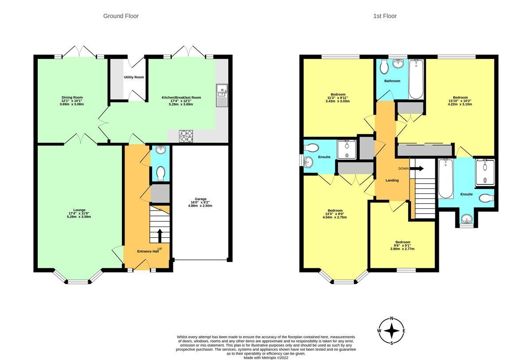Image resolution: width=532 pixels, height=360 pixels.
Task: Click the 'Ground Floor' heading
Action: [x=121, y=16]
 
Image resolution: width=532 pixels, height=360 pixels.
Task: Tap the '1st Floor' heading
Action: [x=385, y=16]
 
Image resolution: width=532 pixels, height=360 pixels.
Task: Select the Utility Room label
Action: [x=134, y=77]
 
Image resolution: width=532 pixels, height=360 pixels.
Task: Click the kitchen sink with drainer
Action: [x=222, y=95]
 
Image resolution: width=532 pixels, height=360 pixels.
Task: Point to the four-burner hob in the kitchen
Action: [x=186, y=136]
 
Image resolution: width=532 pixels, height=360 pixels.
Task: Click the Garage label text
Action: [x=200, y=199]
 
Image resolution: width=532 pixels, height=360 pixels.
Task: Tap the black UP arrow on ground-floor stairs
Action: [x=160, y=235]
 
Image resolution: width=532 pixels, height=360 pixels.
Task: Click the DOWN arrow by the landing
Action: [x=417, y=168]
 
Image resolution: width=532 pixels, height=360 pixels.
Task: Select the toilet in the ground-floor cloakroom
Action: [x=161, y=173]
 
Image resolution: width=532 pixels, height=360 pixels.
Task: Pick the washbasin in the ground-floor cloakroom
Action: [x=161, y=149]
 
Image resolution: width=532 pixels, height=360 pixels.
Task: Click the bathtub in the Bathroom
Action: [x=416, y=79]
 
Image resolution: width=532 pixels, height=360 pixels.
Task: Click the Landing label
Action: [x=392, y=180]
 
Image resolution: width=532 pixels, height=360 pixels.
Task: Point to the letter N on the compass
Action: [x=391, y=319]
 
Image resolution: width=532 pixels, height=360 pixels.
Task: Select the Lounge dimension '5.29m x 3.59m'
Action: [x=79, y=216]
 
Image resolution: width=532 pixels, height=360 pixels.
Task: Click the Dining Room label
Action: [x=72, y=98]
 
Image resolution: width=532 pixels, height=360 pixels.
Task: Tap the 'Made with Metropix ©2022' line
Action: [x=266, y=358]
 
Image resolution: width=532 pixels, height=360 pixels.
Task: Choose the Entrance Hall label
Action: [x=148, y=251]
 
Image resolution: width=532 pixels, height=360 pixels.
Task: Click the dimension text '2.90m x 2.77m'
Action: [x=403, y=249]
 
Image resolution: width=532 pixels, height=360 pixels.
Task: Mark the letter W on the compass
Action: [x=379, y=331]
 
